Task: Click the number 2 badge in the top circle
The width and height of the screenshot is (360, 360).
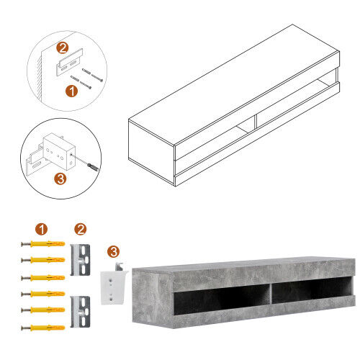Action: tap(63, 48)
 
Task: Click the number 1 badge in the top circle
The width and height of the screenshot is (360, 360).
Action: tap(71, 91)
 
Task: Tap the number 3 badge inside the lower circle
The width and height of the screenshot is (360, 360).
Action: tap(60, 179)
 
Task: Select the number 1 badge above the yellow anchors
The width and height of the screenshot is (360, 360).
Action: tap(41, 229)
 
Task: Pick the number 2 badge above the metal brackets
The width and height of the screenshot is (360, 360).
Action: tap(81, 229)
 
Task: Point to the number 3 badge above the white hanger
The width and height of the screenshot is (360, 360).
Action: tap(113, 251)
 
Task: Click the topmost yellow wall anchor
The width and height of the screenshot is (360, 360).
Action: tap(43, 244)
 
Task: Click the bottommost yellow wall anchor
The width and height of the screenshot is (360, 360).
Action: tap(43, 328)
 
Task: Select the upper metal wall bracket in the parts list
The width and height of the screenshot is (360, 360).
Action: tap(80, 260)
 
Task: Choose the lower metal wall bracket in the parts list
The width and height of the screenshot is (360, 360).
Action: tap(80, 312)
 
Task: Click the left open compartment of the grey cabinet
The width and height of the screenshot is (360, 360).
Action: tap(221, 300)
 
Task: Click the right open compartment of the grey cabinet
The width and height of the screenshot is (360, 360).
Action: tap(312, 290)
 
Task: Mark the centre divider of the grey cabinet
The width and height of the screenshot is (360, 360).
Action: tap(271, 294)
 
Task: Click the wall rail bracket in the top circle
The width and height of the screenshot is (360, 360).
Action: tap(70, 62)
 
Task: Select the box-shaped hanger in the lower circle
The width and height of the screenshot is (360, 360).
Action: tap(59, 151)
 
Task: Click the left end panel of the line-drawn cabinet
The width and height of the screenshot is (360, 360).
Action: tap(151, 153)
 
